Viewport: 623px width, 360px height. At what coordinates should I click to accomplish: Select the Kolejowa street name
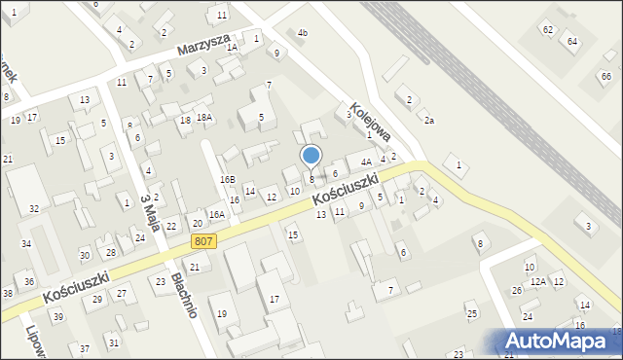(371, 122)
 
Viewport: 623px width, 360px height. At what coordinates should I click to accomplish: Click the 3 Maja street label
(148, 212)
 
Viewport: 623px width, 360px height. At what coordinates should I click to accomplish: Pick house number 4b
(303, 34)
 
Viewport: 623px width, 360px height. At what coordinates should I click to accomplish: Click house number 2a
(428, 120)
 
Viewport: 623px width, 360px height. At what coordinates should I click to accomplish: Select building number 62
(548, 30)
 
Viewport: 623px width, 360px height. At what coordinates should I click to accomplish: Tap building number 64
(572, 41)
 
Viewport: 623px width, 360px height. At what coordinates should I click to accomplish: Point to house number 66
(606, 78)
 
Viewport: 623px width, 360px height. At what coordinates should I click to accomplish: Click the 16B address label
(227, 180)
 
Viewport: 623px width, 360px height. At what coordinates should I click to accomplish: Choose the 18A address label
(204, 118)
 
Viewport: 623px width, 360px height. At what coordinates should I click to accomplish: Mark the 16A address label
(217, 214)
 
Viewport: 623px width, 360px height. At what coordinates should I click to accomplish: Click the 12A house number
(538, 282)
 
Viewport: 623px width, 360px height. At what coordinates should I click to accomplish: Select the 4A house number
(366, 162)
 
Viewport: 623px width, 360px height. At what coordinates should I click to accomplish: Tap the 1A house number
(232, 47)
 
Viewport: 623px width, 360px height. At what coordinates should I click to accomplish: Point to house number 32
(34, 209)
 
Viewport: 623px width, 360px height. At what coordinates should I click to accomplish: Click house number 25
(472, 313)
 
